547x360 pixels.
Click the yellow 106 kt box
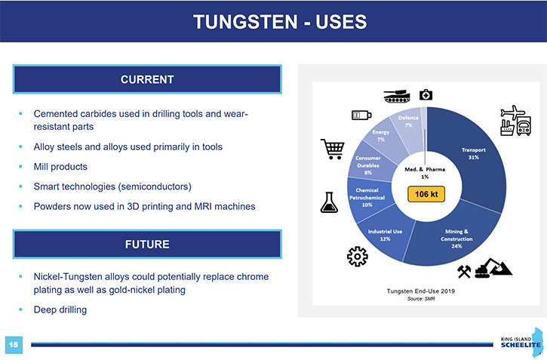pos(426,194)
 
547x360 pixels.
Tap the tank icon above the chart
pos(397,96)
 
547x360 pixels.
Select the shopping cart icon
pos(333,149)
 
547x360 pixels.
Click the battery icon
pos(361,115)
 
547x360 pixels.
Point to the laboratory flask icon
pos(329,202)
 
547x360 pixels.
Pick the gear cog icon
pos(357,257)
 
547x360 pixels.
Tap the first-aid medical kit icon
pos(426,94)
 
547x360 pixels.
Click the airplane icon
pos(513,112)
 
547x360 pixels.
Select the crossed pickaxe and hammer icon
pos(464,272)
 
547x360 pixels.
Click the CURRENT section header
pos(147,79)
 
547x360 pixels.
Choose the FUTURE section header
pos(147,245)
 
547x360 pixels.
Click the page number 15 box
pos(14,345)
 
